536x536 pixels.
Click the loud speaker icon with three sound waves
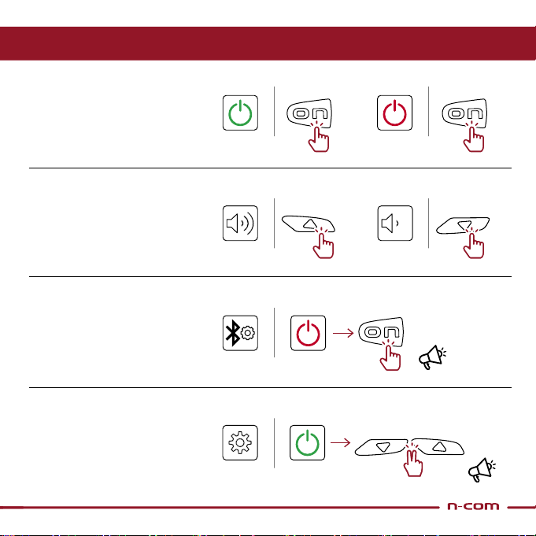240,224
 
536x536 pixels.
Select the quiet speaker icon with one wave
395,224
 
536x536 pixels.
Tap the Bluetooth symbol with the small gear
240,333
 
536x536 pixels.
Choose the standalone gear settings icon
240,442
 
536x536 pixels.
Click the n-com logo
473,506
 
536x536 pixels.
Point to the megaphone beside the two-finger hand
482,469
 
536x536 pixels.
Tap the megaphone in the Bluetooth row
432,357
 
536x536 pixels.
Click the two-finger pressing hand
413,463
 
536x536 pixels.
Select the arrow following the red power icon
343,333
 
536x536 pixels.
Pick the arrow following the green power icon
341,442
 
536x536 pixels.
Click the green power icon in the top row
240,113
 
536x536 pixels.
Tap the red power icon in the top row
394,113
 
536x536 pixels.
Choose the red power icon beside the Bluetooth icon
308,333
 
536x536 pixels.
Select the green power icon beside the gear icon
307,442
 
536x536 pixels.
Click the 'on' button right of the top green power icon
309,113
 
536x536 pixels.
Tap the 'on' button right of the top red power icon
464,113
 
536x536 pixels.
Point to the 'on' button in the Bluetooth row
381,331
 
